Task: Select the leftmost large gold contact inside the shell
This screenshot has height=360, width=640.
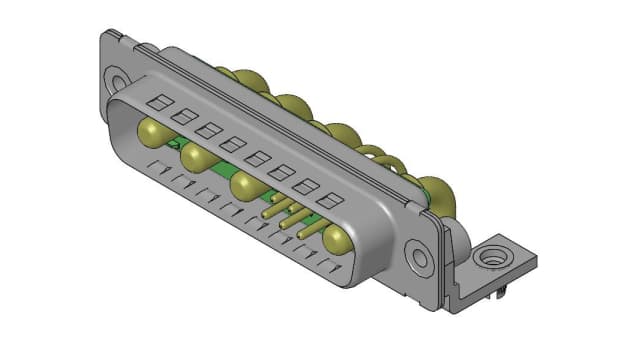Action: [x=153, y=131]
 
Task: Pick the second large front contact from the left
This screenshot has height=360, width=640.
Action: [x=196, y=156]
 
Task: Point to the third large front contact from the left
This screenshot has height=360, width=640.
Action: [x=244, y=185]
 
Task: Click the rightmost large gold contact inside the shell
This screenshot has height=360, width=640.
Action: [x=336, y=238]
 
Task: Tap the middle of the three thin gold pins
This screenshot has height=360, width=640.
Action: [x=288, y=219]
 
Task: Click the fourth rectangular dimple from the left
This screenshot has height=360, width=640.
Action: [x=232, y=142]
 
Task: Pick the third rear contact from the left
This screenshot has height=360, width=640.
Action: [x=344, y=134]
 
